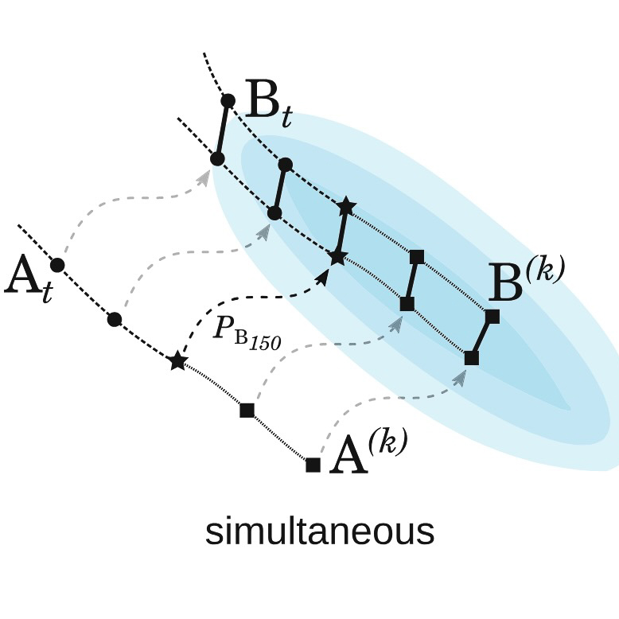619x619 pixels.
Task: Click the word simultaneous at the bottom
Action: point(320,531)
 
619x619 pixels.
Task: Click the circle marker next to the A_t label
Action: point(57,265)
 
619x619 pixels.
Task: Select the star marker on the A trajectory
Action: point(177,360)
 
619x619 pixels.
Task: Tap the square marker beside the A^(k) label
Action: point(313,465)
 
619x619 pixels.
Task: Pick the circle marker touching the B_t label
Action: point(228,101)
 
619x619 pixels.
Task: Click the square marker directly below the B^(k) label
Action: point(492,317)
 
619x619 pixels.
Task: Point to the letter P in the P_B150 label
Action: point(223,327)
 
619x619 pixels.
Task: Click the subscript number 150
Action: point(264,342)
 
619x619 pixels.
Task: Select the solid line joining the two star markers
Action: point(342,232)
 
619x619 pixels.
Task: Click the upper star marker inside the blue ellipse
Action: point(347,205)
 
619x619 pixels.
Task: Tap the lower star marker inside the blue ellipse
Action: point(337,258)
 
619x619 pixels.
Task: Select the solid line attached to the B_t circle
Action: point(222,130)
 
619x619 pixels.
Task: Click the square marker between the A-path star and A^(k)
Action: point(247,411)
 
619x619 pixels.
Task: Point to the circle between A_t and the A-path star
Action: point(115,319)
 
